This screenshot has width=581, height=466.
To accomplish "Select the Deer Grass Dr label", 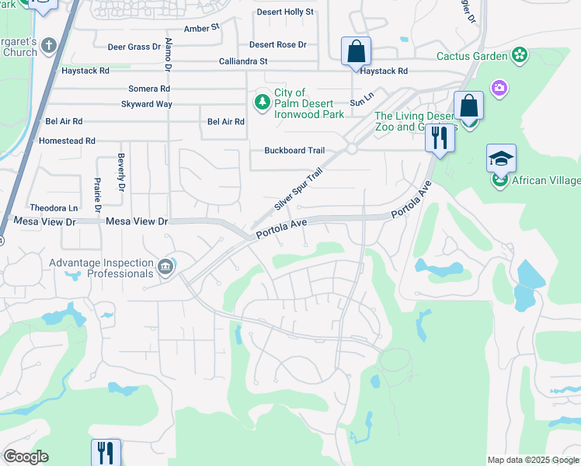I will click(x=134, y=47).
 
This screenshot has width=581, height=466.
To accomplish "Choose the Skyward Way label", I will click(x=146, y=104).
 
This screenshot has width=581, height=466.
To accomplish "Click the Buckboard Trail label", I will click(x=294, y=151).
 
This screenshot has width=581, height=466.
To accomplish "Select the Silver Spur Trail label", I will click(x=298, y=192).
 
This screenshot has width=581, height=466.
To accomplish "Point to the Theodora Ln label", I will click(x=54, y=208).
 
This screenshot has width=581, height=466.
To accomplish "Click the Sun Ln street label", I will click(x=362, y=102).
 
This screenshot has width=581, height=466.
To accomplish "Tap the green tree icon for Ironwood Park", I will click(x=263, y=101).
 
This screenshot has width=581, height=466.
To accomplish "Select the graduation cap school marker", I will click(x=501, y=158).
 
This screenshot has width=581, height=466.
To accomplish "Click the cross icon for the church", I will click(x=50, y=44).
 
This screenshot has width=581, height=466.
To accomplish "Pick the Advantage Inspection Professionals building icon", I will click(x=165, y=268).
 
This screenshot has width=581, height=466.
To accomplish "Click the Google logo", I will click(x=26, y=457).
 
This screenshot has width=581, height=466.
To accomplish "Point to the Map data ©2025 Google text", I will click(x=532, y=460).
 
